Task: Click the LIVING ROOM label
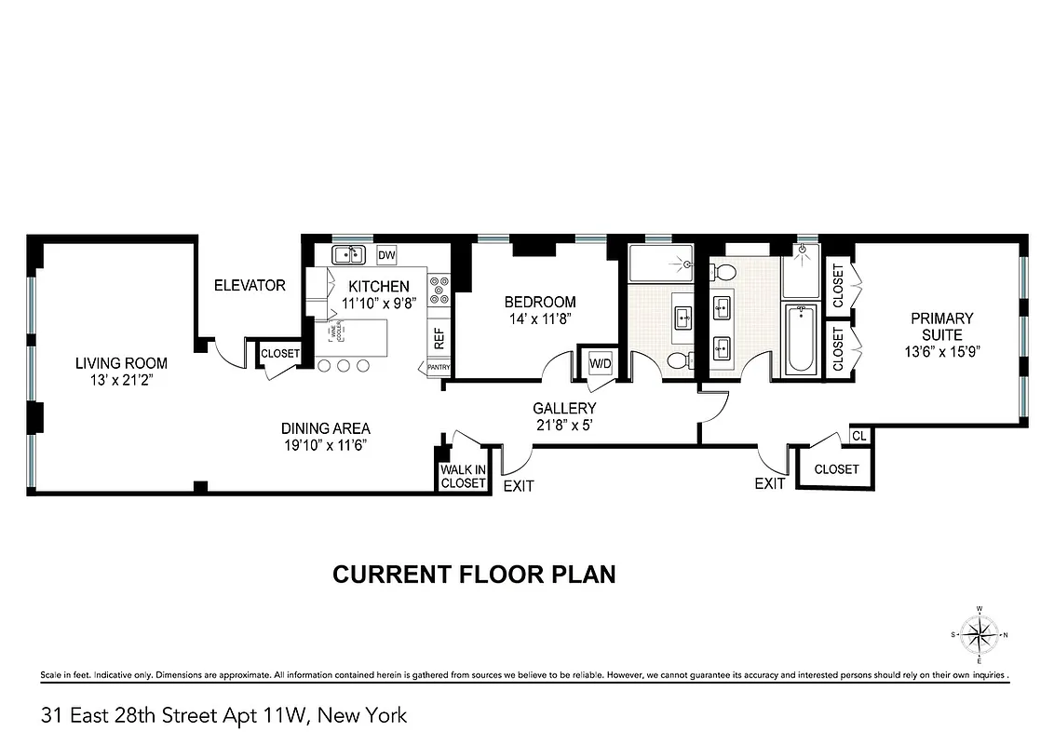click(121, 362)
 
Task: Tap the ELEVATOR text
click(250, 285)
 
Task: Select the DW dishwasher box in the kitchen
click(386, 255)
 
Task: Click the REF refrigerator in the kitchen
click(439, 338)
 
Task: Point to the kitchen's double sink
click(350, 254)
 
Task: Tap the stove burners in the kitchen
click(439, 290)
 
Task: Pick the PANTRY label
click(439, 368)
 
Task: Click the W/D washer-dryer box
click(600, 363)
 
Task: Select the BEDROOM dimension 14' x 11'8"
click(539, 318)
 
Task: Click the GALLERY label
click(564, 408)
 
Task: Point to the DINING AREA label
click(326, 428)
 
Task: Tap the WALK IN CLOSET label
click(463, 477)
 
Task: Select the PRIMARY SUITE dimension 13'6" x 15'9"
click(941, 352)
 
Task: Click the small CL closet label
click(858, 436)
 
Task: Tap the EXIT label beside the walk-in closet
click(519, 486)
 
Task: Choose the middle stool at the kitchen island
click(343, 366)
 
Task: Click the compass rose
click(979, 636)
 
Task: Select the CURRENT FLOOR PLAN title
click(474, 574)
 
